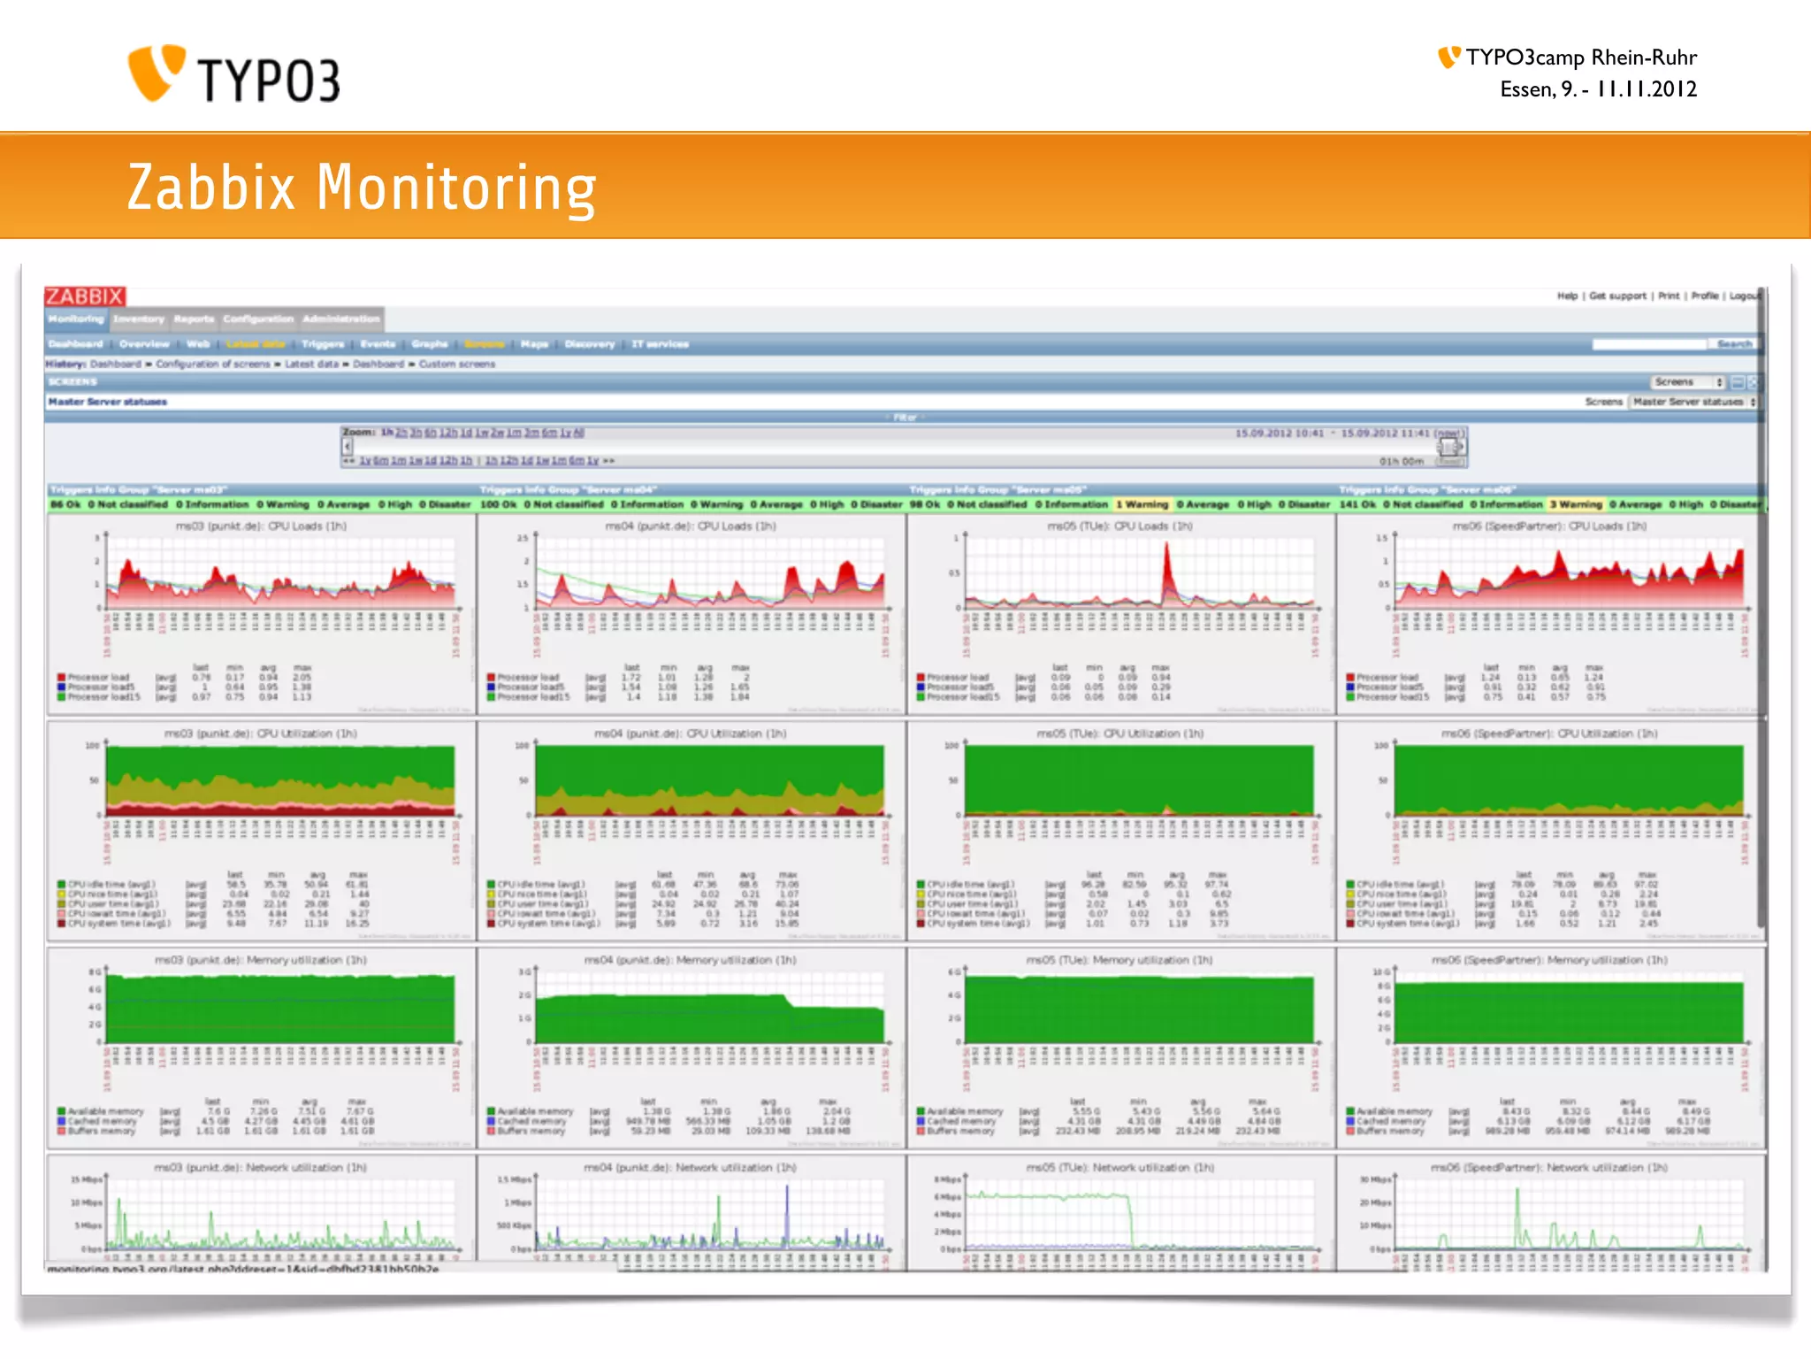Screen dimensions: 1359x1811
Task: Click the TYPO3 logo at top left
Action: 233,74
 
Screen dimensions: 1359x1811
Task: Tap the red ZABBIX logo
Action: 85,296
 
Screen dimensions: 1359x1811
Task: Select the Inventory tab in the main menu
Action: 139,319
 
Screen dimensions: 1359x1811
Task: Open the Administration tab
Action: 341,319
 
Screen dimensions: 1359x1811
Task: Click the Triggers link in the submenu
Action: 323,344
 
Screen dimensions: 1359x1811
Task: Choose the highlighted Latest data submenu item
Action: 255,344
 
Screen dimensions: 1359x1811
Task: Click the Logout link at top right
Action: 1745,296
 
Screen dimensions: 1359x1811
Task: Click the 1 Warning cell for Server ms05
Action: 1142,504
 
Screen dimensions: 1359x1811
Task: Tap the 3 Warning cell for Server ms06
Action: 1576,504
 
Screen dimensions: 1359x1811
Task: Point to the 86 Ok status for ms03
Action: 65,504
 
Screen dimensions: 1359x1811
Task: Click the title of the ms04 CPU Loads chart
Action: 691,526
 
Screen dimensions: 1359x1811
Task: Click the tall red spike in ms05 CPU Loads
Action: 1167,562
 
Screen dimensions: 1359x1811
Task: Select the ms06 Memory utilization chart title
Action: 1549,960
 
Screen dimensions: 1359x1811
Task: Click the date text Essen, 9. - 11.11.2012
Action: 1598,89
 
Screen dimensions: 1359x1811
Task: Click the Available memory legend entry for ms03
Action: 105,1111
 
